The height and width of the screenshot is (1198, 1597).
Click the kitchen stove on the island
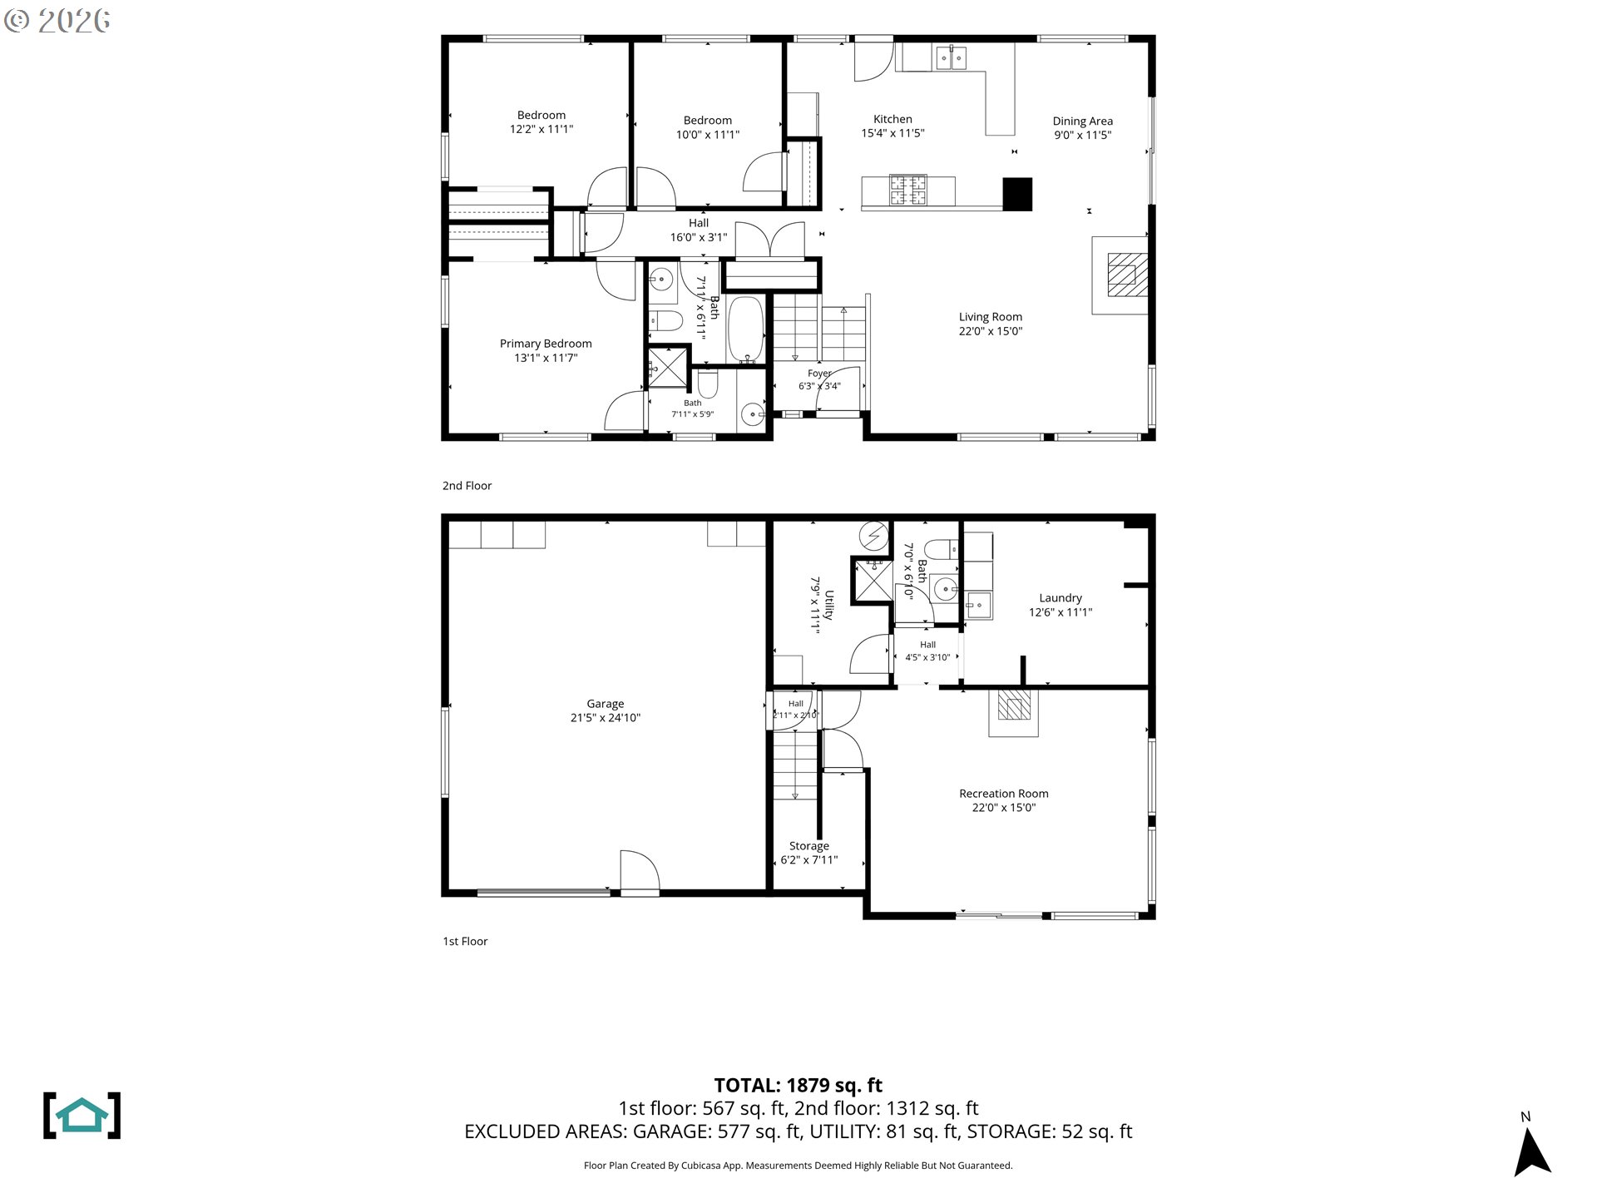[x=908, y=191]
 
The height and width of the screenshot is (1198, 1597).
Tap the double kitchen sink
[x=951, y=57]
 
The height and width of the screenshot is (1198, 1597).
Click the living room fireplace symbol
[x=1127, y=275]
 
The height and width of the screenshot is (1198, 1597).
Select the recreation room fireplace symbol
[x=1014, y=705]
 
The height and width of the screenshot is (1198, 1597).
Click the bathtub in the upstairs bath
[x=746, y=330]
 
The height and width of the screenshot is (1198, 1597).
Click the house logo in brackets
[x=82, y=1116]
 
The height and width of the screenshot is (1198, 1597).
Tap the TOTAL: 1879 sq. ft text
[x=798, y=1085]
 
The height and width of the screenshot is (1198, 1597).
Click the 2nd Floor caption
[x=467, y=486]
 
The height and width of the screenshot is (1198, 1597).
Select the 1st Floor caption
[x=465, y=942]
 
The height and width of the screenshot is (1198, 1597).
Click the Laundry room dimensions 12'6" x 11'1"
[x=1061, y=612]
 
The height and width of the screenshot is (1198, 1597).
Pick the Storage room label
[x=809, y=846]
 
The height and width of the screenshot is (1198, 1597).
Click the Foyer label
[x=819, y=374]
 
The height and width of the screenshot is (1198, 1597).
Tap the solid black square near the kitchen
[x=1017, y=194]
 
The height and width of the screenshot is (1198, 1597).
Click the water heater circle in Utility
[x=873, y=537]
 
